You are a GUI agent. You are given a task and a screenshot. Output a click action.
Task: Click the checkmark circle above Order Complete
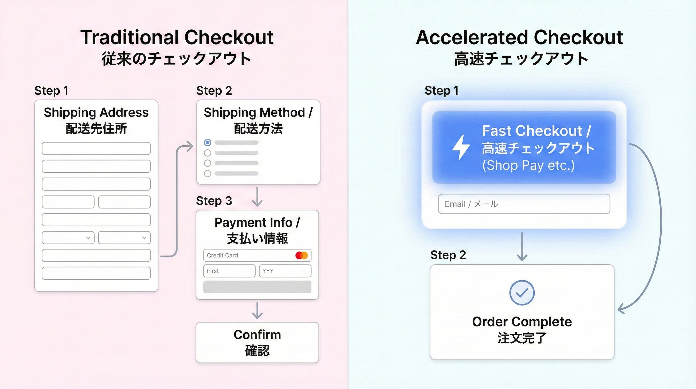[522, 293]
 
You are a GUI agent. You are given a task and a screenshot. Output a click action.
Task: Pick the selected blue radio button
[207, 142]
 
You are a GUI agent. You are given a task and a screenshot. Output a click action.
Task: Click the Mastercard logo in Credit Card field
[301, 255]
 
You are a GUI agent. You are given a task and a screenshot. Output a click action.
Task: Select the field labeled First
[229, 271]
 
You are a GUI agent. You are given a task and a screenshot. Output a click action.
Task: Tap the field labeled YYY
[285, 271]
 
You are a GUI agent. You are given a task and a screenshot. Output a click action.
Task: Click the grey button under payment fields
[257, 287]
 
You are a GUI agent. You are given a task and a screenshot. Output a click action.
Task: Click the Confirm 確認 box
[257, 342]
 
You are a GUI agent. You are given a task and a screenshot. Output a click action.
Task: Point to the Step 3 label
[214, 201]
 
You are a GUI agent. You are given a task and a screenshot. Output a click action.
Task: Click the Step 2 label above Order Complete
[448, 255]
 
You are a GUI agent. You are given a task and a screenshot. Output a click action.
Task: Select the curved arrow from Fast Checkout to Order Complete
[659, 225]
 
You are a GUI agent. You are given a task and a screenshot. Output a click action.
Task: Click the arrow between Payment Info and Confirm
[257, 310]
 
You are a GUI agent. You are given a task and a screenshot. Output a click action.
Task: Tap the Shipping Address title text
[96, 112]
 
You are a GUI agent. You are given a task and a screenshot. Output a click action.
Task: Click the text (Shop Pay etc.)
[528, 166]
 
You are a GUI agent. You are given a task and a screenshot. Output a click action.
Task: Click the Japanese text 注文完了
[522, 338]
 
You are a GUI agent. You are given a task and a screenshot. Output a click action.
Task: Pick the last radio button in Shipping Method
[207, 173]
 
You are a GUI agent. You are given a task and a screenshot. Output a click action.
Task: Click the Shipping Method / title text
[258, 112]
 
